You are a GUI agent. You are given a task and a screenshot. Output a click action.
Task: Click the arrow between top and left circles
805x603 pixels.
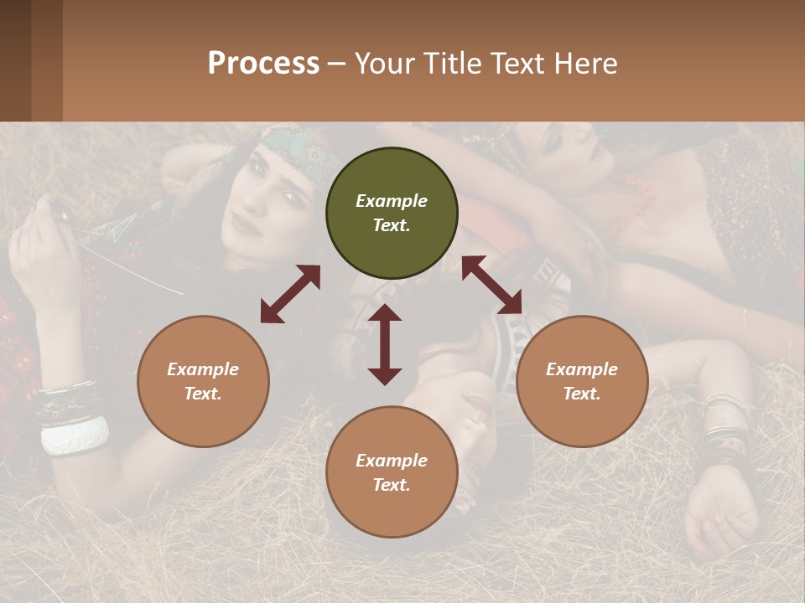(290, 294)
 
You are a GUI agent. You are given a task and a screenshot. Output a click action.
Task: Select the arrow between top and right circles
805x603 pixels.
(492, 286)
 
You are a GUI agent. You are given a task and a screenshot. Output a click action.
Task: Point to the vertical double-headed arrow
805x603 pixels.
(385, 344)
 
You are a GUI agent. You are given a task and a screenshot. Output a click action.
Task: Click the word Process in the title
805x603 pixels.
(263, 64)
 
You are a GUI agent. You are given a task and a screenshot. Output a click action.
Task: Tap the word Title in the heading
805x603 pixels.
(453, 64)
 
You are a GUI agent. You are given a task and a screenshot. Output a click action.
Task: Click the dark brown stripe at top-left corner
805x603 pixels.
(15, 60)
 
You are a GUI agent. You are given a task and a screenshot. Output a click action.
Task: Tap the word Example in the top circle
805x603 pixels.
(392, 201)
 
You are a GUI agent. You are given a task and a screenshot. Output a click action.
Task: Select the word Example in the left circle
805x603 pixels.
(203, 369)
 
